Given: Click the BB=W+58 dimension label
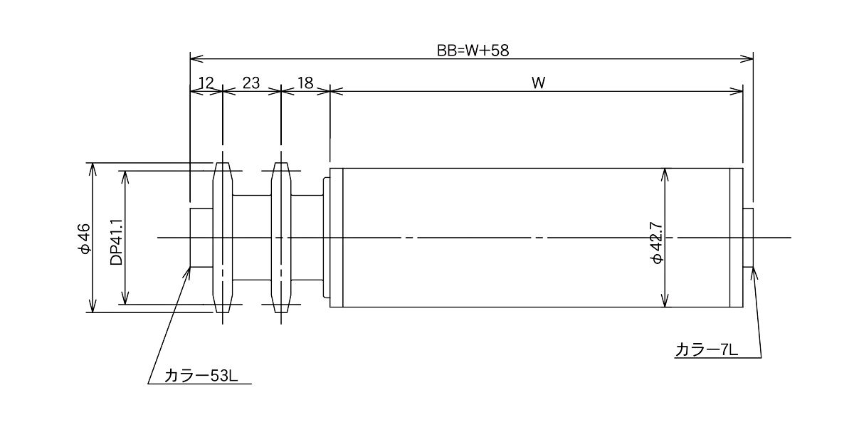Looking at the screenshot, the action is coord(473,51).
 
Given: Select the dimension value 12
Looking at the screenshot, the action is coord(206,83).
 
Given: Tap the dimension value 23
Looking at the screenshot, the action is coord(251,83).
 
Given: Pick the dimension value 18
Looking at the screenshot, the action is coord(305,83).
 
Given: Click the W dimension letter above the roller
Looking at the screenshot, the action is coord(538,83).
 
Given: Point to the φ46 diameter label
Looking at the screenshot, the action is coord(84,238).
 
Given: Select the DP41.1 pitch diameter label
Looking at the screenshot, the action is coord(116,242).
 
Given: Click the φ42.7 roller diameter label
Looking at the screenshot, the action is coord(658,243).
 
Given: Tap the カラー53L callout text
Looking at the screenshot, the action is coord(201,376).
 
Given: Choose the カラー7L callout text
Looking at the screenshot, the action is coord(706,349).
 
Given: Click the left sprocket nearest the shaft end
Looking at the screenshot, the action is coord(223,238).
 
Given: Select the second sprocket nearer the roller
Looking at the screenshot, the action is coord(281,238).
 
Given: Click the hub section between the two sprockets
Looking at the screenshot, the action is coord(252,238).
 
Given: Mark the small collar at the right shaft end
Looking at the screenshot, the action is coord(748,238).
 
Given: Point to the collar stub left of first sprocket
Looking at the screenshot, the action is coord(201,238).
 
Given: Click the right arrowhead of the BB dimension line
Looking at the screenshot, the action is coord(747,58).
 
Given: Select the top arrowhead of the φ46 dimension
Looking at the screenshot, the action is coord(93,169).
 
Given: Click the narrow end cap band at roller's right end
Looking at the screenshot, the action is coord(736,238).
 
